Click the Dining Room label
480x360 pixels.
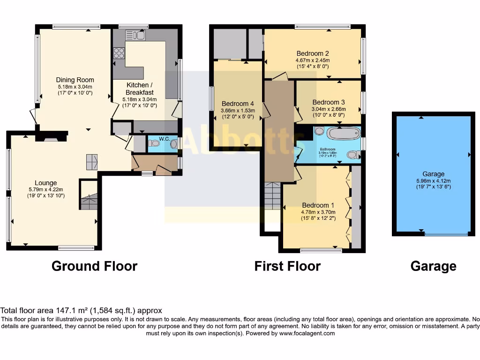point(75,80)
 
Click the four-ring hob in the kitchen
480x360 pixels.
point(119,53)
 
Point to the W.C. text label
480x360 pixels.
point(164,138)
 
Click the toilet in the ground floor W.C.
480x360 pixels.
point(153,144)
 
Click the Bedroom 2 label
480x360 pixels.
point(312,53)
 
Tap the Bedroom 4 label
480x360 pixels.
point(238,104)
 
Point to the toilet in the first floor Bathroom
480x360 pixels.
point(354,154)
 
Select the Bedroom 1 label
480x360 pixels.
point(318,205)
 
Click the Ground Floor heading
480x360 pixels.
point(94,266)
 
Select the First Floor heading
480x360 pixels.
point(287,266)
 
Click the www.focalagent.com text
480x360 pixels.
point(307,334)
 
